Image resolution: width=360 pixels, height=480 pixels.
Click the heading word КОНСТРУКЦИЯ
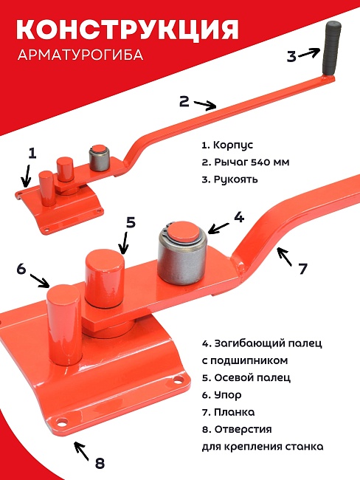127,29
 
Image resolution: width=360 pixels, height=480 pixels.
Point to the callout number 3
291,55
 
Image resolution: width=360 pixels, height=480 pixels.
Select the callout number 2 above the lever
184,99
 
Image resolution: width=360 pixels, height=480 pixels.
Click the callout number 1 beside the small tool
32,153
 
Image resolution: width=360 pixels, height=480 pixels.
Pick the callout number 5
131,222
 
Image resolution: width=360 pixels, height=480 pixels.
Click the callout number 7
302,269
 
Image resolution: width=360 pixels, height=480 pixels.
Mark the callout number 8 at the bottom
100,463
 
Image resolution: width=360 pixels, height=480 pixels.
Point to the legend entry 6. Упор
221,395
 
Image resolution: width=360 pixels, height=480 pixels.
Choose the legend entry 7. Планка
227,412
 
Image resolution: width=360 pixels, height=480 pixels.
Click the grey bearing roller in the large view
179,261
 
